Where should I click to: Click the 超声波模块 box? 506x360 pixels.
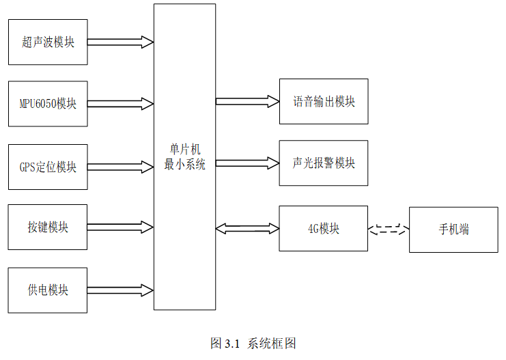[47, 42]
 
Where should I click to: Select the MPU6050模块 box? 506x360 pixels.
[47, 104]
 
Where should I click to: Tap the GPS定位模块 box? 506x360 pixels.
[47, 167]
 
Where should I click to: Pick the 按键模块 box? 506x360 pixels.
[47, 227]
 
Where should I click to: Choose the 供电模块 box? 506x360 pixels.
[47, 290]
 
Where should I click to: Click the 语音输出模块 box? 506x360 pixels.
[323, 102]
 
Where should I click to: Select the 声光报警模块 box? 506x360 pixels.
[323, 163]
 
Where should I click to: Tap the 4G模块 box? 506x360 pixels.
[323, 229]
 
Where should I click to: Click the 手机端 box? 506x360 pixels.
[453, 230]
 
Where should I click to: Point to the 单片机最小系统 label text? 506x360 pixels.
[184, 156]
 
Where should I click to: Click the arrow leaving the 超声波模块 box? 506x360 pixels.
[120, 42]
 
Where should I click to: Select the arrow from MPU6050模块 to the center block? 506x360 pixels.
[120, 104]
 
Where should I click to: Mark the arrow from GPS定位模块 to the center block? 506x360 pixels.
[120, 167]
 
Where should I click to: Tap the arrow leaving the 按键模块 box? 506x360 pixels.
[120, 227]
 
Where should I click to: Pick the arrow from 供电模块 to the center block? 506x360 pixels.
[120, 290]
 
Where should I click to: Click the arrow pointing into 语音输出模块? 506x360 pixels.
[247, 102]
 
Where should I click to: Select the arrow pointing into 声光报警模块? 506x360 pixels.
[247, 163]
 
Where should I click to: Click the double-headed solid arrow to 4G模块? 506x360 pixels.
[247, 229]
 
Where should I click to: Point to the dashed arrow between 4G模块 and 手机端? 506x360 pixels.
[388, 230]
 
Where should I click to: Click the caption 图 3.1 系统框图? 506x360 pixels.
[253, 344]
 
